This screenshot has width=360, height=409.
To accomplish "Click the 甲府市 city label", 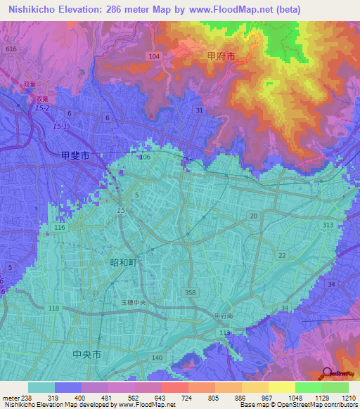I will point(221,54).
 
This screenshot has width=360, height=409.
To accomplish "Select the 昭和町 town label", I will point(124,262).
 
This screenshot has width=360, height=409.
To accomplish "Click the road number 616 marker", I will point(11,49).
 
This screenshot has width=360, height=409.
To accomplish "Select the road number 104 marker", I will point(155,56).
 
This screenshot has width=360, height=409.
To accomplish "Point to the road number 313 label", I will point(328,224).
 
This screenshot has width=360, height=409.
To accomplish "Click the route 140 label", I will point(157,358).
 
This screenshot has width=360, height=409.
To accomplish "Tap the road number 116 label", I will point(59,228).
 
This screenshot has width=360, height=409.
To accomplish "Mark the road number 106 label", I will point(145,157).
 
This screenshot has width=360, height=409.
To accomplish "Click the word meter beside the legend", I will point(10,397).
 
